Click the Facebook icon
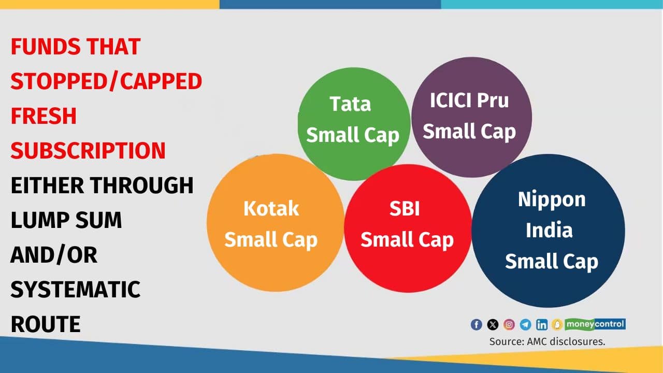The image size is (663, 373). point(476,325)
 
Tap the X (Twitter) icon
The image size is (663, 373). point(493,325)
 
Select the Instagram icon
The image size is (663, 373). point(509,325)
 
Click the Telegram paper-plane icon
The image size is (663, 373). point(525,325)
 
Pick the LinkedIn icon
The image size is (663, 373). point(542,325)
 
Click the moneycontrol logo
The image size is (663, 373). point(595,324)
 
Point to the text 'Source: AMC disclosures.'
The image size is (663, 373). point(547,341)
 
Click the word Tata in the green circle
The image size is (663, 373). point(350,104)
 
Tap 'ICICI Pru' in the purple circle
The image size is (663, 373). point(469,100)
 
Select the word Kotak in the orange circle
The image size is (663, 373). point(271,209)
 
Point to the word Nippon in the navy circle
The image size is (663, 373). point(552,199)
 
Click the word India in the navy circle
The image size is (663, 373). point(549,230)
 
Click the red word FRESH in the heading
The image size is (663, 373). point(44,116)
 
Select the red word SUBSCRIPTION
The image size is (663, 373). point(88,151)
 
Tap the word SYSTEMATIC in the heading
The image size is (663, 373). point(76,290)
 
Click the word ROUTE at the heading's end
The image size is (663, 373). point(46,324)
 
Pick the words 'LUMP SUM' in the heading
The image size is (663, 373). point(66,220)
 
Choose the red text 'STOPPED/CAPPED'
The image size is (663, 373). point(106,81)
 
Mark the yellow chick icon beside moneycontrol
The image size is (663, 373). point(557,325)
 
